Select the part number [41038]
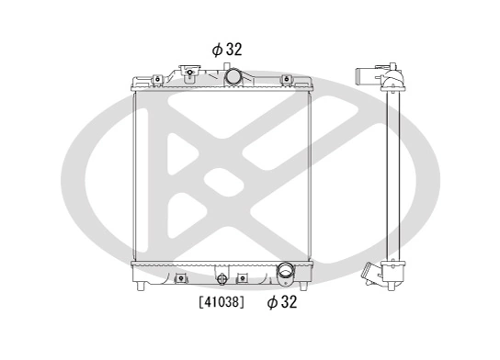(221, 301)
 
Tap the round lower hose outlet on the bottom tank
(286, 272)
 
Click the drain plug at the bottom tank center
(220, 279)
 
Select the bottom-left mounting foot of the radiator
(140, 287)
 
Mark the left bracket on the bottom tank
(181, 276)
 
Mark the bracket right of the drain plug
(243, 276)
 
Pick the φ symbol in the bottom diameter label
(272, 301)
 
